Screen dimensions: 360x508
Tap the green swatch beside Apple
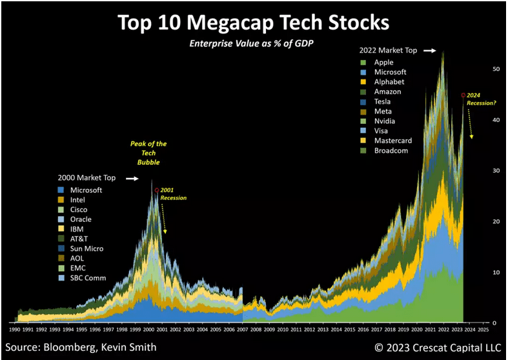tap(365, 63)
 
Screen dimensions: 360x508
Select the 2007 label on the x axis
tap(243, 330)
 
